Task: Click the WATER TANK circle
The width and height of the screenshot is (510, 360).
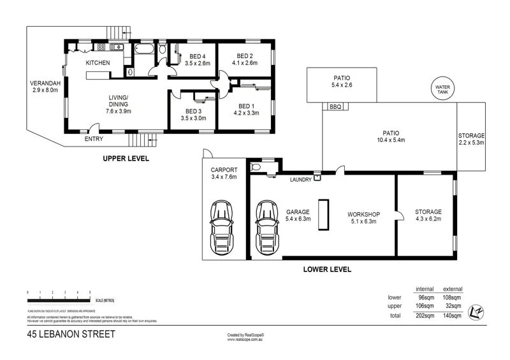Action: coord(441,89)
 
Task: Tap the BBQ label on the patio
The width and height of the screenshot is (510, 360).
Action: coord(335,107)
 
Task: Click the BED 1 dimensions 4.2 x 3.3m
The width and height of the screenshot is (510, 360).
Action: coord(247,114)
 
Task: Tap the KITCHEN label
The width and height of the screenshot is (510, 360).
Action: coord(99,62)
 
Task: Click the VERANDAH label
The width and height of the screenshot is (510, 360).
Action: coord(45,82)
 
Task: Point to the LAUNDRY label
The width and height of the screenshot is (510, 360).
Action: coord(301,180)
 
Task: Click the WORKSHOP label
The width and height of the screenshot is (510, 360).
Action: coord(363,213)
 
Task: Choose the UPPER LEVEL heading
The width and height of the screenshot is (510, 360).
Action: coord(126,158)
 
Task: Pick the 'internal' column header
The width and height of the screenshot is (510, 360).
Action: coord(425,289)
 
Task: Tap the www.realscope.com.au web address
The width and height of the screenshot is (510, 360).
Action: coord(245,339)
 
